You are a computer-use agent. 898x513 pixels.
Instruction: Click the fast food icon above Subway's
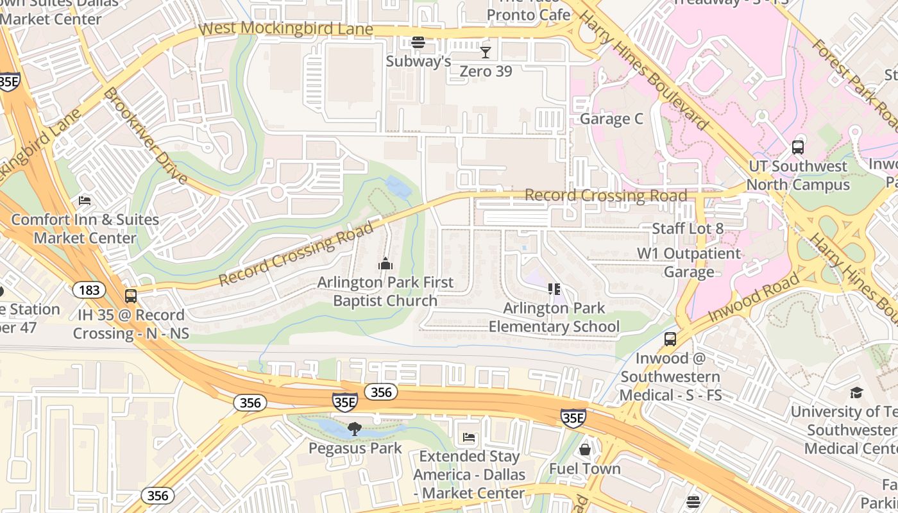pyautogui.click(x=418, y=42)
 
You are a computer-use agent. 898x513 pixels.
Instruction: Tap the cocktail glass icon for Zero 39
pyautogui.click(x=486, y=53)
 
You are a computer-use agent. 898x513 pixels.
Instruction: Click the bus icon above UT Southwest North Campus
pyautogui.click(x=798, y=147)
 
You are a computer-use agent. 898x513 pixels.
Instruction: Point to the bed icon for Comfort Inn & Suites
pyautogui.click(x=85, y=201)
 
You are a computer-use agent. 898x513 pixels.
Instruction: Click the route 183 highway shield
pyautogui.click(x=89, y=290)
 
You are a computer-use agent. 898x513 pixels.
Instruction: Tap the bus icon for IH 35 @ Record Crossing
pyautogui.click(x=131, y=296)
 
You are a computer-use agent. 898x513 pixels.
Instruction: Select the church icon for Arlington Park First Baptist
pyautogui.click(x=385, y=264)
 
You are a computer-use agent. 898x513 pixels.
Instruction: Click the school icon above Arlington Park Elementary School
pyautogui.click(x=554, y=289)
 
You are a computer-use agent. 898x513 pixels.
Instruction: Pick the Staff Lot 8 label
pyautogui.click(x=688, y=228)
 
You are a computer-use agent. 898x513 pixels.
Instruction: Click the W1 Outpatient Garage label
pyautogui.click(x=689, y=262)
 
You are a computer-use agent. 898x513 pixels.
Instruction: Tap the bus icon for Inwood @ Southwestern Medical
pyautogui.click(x=670, y=339)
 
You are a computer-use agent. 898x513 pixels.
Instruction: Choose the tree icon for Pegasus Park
pyautogui.click(x=354, y=429)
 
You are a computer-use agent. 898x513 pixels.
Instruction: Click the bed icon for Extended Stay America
pyautogui.click(x=469, y=438)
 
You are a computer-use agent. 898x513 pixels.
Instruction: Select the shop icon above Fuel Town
pyautogui.click(x=585, y=450)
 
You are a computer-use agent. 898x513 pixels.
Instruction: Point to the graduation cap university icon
pyautogui.click(x=856, y=392)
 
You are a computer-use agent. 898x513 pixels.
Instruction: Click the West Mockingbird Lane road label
pyautogui.click(x=286, y=29)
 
